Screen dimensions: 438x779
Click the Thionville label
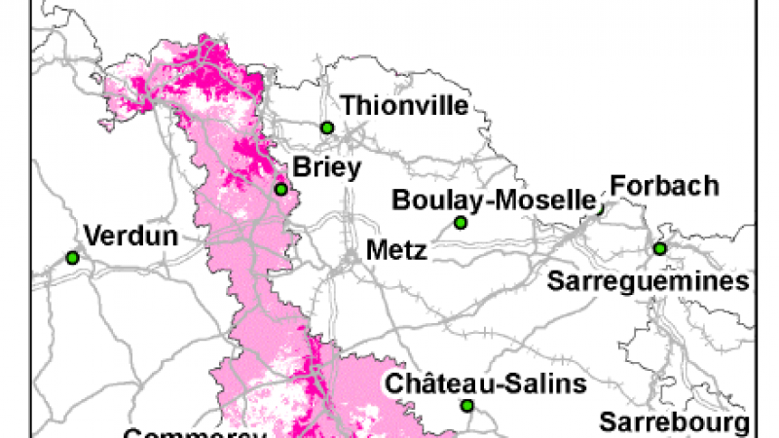(405, 105)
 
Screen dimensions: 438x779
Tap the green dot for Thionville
(327, 128)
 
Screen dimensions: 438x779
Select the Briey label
(326, 167)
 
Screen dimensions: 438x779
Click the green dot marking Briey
(280, 190)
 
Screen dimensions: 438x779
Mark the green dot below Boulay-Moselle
(461, 223)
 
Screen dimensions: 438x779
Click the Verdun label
(131, 236)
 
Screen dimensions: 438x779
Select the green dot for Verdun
(72, 258)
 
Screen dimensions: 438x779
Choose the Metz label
(396, 250)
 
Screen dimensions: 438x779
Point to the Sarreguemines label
(649, 281)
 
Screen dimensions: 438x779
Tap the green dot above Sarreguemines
(659, 248)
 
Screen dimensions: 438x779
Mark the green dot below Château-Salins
(467, 405)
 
